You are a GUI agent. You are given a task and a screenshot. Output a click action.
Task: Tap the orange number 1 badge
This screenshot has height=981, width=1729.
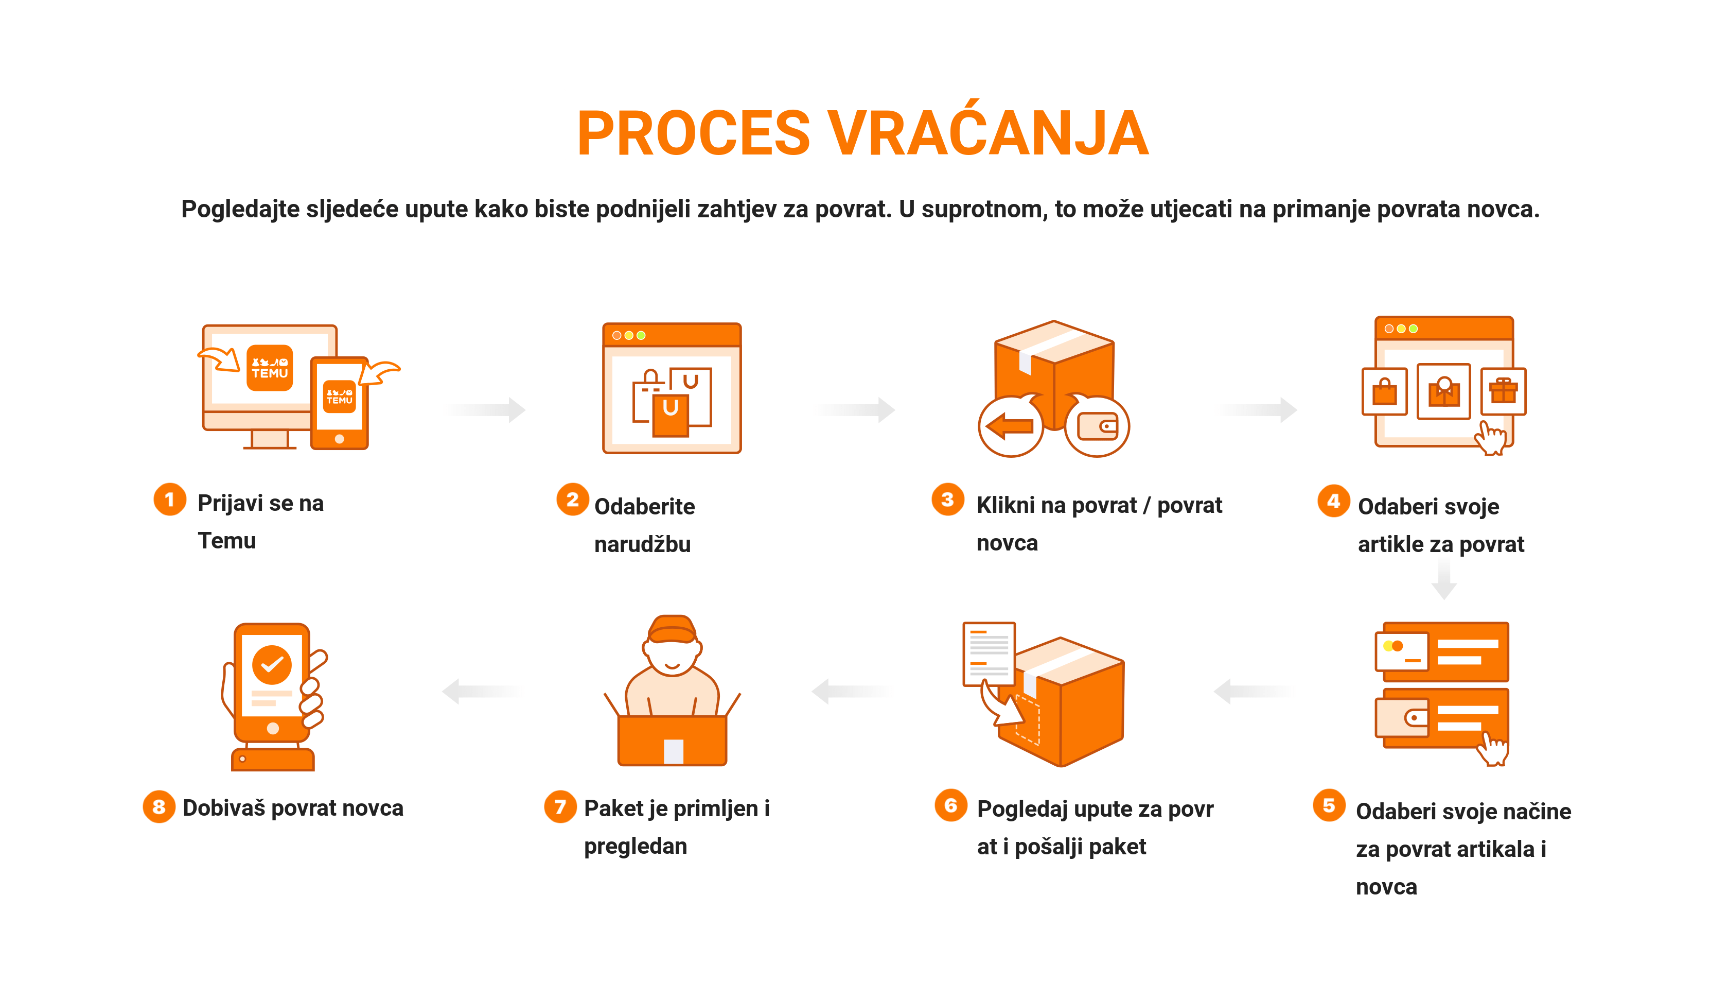(x=170, y=500)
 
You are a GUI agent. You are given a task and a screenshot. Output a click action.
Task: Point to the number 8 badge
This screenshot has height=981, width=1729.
(x=159, y=806)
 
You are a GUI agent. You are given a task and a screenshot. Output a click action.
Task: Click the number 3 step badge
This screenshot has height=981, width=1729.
(x=948, y=500)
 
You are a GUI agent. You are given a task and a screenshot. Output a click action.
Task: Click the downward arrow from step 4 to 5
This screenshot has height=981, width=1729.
(x=1443, y=578)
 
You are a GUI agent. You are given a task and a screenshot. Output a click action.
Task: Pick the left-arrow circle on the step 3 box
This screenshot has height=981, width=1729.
(x=1011, y=426)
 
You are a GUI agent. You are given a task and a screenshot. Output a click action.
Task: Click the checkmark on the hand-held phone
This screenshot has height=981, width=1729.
(x=272, y=664)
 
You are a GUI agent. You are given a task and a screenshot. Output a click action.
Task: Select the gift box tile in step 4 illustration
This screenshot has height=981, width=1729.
(x=1504, y=391)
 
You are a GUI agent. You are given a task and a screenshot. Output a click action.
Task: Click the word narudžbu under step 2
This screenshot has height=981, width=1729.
(x=642, y=544)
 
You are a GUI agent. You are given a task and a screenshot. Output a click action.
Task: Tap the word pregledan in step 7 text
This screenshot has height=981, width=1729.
(x=636, y=846)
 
